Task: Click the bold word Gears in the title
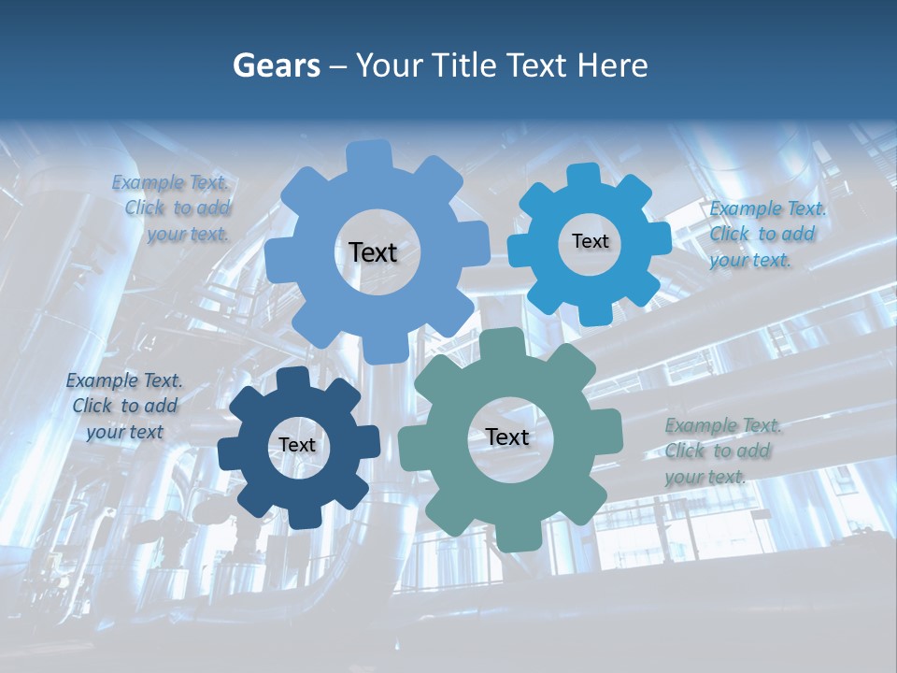click(x=277, y=65)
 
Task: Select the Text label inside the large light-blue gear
click(x=373, y=252)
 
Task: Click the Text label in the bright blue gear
click(x=590, y=241)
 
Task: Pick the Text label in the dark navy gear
click(x=297, y=446)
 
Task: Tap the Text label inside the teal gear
click(x=506, y=437)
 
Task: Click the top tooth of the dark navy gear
click(x=293, y=378)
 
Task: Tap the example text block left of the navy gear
click(x=124, y=407)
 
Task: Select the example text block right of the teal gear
click(x=722, y=451)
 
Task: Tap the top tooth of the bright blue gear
click(x=583, y=176)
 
